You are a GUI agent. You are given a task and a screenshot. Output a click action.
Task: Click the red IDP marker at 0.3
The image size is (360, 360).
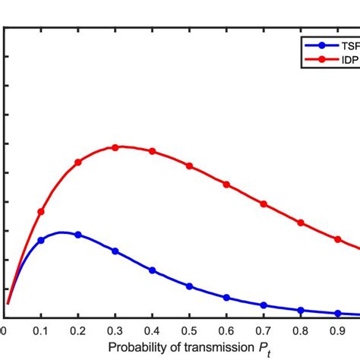click(115, 147)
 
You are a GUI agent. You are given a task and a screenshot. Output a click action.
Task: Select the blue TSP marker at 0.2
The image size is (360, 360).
click(78, 235)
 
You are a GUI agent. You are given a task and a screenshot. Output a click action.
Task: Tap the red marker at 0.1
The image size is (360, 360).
click(41, 212)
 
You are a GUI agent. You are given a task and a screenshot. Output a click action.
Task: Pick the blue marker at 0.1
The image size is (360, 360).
click(41, 240)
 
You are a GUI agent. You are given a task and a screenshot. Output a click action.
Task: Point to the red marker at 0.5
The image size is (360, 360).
click(190, 166)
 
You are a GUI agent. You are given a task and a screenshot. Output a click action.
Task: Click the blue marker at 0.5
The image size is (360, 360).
click(190, 286)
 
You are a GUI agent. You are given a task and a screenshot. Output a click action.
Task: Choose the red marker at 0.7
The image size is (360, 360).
click(264, 204)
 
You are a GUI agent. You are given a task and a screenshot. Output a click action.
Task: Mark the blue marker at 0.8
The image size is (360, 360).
click(301, 310)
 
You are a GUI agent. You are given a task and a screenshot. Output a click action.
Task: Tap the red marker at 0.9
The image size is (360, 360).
click(338, 239)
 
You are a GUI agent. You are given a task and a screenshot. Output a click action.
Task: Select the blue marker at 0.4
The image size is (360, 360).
click(153, 270)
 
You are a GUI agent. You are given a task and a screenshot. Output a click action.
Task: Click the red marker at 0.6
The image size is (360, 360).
click(226, 184)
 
